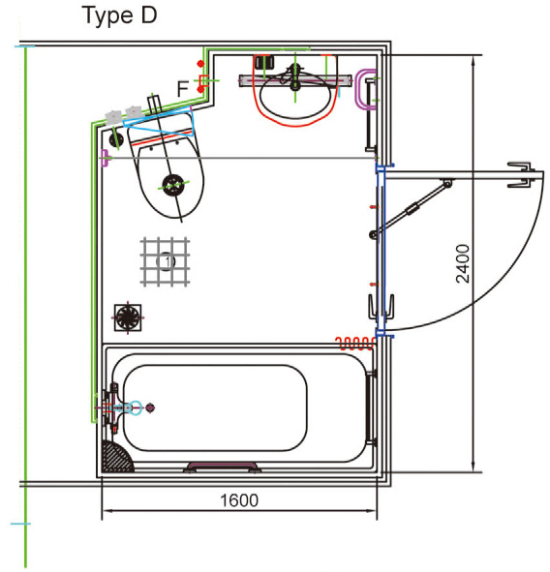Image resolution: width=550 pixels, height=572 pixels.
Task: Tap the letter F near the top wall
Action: point(182,89)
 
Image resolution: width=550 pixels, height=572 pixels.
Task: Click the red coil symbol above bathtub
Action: point(355,341)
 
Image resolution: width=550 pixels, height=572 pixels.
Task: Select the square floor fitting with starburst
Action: point(127,316)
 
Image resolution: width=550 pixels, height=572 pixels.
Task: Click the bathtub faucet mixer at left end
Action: point(118,407)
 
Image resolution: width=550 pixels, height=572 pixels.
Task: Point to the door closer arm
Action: point(412,206)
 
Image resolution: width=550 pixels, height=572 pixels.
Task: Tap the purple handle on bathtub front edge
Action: point(223,467)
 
